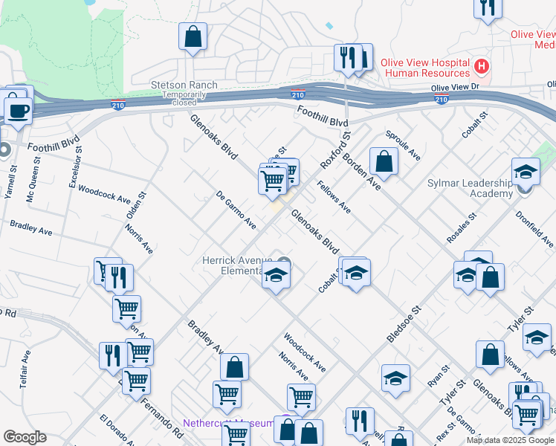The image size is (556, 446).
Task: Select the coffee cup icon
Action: coord(18,110)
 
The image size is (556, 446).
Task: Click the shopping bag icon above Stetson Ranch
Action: coord(193,36)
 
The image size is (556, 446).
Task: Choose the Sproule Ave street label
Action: coord(403,146)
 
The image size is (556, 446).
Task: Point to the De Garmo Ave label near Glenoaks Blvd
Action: coord(236,210)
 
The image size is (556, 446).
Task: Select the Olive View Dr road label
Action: coord(461,88)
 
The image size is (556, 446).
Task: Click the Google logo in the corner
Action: coord(25,437)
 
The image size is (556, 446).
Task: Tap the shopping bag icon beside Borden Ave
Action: coord(384,161)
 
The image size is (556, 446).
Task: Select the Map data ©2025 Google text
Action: coord(510,440)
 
